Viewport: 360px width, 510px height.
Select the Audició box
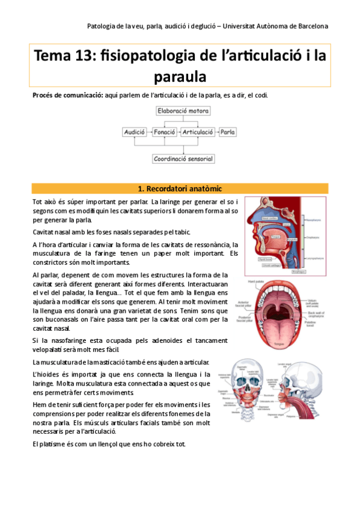pyautogui.click(x=134, y=131)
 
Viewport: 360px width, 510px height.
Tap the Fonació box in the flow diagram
pyautogui.click(x=164, y=131)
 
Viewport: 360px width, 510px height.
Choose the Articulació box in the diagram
pyautogui.click(x=198, y=131)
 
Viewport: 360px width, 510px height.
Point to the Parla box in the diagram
pyautogui.click(x=227, y=131)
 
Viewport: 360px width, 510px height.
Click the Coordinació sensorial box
pyautogui.click(x=183, y=159)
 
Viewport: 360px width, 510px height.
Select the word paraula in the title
pyautogui.click(x=180, y=76)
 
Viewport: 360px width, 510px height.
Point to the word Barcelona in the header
pyautogui.click(x=310, y=26)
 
